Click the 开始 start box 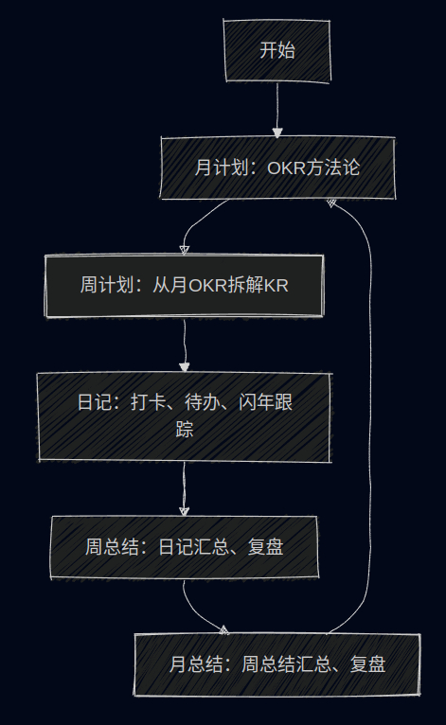click(x=277, y=51)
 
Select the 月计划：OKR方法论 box click(x=277, y=168)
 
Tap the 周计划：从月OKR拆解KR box click(x=184, y=286)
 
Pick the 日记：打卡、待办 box click(x=184, y=417)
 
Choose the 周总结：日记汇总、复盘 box click(x=184, y=547)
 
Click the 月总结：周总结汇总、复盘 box click(x=277, y=664)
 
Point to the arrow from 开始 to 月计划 click(x=277, y=110)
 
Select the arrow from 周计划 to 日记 click(x=185, y=345)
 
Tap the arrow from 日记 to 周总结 click(x=184, y=489)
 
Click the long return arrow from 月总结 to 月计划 click(x=370, y=416)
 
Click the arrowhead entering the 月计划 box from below click(x=331, y=203)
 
